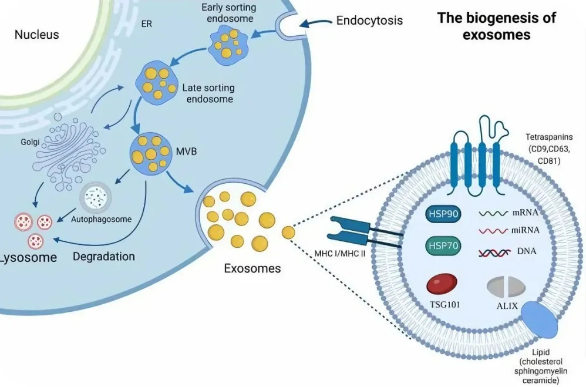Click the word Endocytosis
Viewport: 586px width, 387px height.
pyautogui.click(x=369, y=21)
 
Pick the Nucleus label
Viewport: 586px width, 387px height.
pyautogui.click(x=36, y=35)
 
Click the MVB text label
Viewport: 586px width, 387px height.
pyautogui.click(x=186, y=151)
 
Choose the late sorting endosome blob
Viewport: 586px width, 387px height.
pyautogui.click(x=156, y=83)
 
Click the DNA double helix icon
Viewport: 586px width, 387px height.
pyautogui.click(x=493, y=253)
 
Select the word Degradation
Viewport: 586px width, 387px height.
pyautogui.click(x=104, y=257)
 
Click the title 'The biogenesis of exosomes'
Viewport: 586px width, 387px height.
pyautogui.click(x=496, y=26)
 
